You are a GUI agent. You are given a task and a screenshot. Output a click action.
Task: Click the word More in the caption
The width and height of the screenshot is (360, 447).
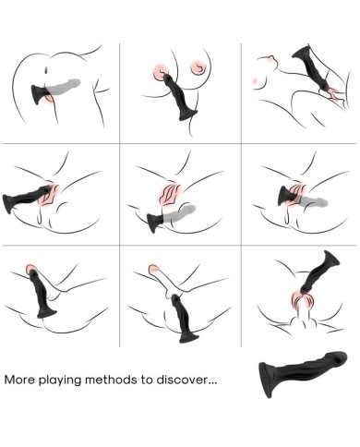click(x=19, y=380)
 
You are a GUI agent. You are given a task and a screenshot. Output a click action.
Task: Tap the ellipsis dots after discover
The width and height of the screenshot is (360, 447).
click(x=212, y=383)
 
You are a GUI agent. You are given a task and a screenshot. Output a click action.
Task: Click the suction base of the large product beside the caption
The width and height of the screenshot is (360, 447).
click(x=266, y=380)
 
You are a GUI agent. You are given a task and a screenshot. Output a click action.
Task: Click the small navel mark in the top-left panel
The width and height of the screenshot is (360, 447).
click(x=46, y=70)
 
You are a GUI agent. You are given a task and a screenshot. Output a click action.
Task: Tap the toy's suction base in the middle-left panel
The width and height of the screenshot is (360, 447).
click(x=7, y=204)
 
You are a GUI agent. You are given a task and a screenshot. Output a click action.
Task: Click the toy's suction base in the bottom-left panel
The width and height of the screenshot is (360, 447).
click(x=47, y=312)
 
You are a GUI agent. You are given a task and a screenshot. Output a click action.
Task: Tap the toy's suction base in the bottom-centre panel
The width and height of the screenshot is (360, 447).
click(x=188, y=337)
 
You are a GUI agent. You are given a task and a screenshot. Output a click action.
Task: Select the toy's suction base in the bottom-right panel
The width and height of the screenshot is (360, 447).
click(x=331, y=258)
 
